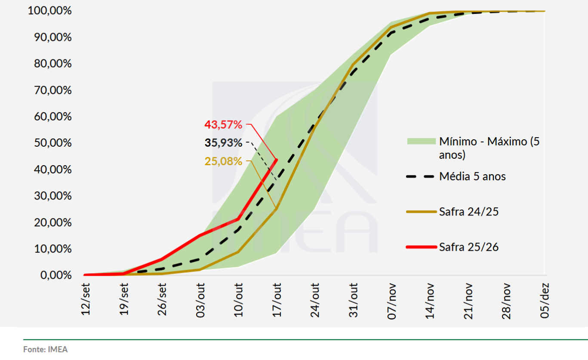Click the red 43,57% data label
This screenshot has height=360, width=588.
point(223,125)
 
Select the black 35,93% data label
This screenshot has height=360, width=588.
point(223,143)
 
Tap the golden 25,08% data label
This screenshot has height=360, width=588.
point(223,162)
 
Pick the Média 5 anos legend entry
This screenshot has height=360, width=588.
point(472,176)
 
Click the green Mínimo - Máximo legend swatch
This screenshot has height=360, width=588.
point(421,141)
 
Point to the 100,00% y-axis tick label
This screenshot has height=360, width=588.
point(49,11)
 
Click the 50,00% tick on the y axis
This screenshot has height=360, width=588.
point(52,143)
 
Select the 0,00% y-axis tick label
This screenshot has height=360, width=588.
point(55,275)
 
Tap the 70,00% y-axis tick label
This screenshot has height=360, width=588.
point(52,90)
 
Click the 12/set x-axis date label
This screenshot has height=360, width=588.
point(86,300)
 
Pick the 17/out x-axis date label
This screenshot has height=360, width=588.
point(276,300)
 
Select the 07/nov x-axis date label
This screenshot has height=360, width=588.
point(391,300)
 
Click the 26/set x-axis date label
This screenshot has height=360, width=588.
point(162,300)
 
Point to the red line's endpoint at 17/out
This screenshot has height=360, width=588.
point(276,160)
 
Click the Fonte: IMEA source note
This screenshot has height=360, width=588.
point(45,349)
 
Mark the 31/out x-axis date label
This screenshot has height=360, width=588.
point(353,300)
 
